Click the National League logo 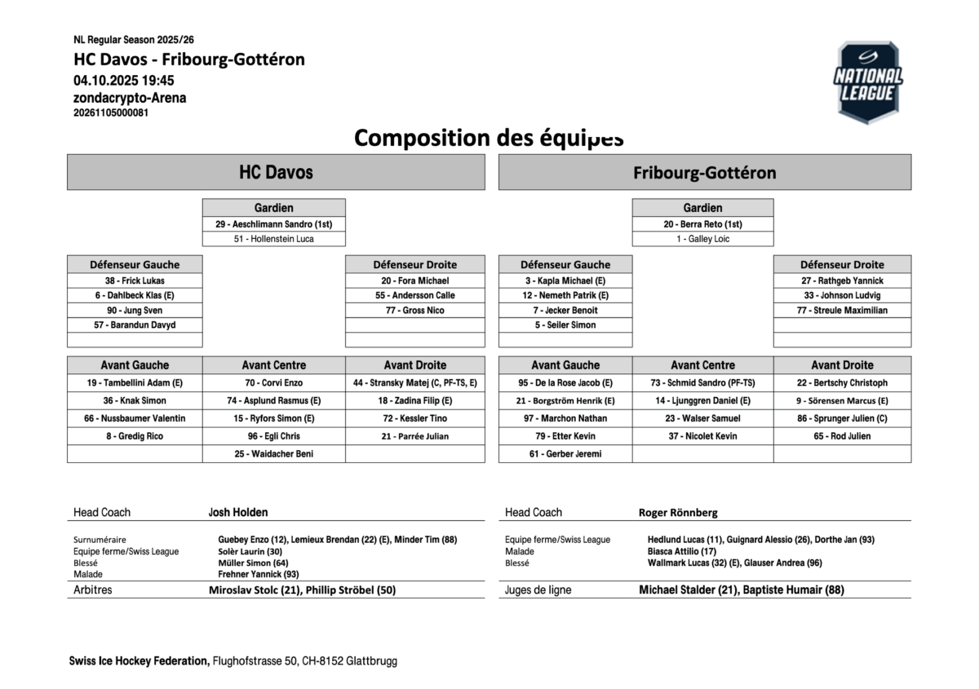(867, 82)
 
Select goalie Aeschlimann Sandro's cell (273, 224)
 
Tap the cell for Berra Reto (702, 224)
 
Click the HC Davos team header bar (276, 172)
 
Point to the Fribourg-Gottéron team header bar (704, 172)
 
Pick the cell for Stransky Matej (414, 382)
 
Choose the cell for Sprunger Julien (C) (842, 418)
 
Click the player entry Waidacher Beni (273, 454)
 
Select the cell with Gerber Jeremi (565, 454)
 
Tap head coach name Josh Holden (238, 512)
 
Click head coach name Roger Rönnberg (678, 512)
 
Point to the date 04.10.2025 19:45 (123, 80)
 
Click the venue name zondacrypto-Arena (130, 98)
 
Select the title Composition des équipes (489, 138)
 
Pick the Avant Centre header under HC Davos (273, 364)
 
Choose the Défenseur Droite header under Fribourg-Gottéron (842, 264)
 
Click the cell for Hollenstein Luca (273, 239)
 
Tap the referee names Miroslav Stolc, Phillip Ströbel (302, 590)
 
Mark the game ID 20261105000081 (111, 113)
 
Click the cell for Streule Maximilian (842, 310)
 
